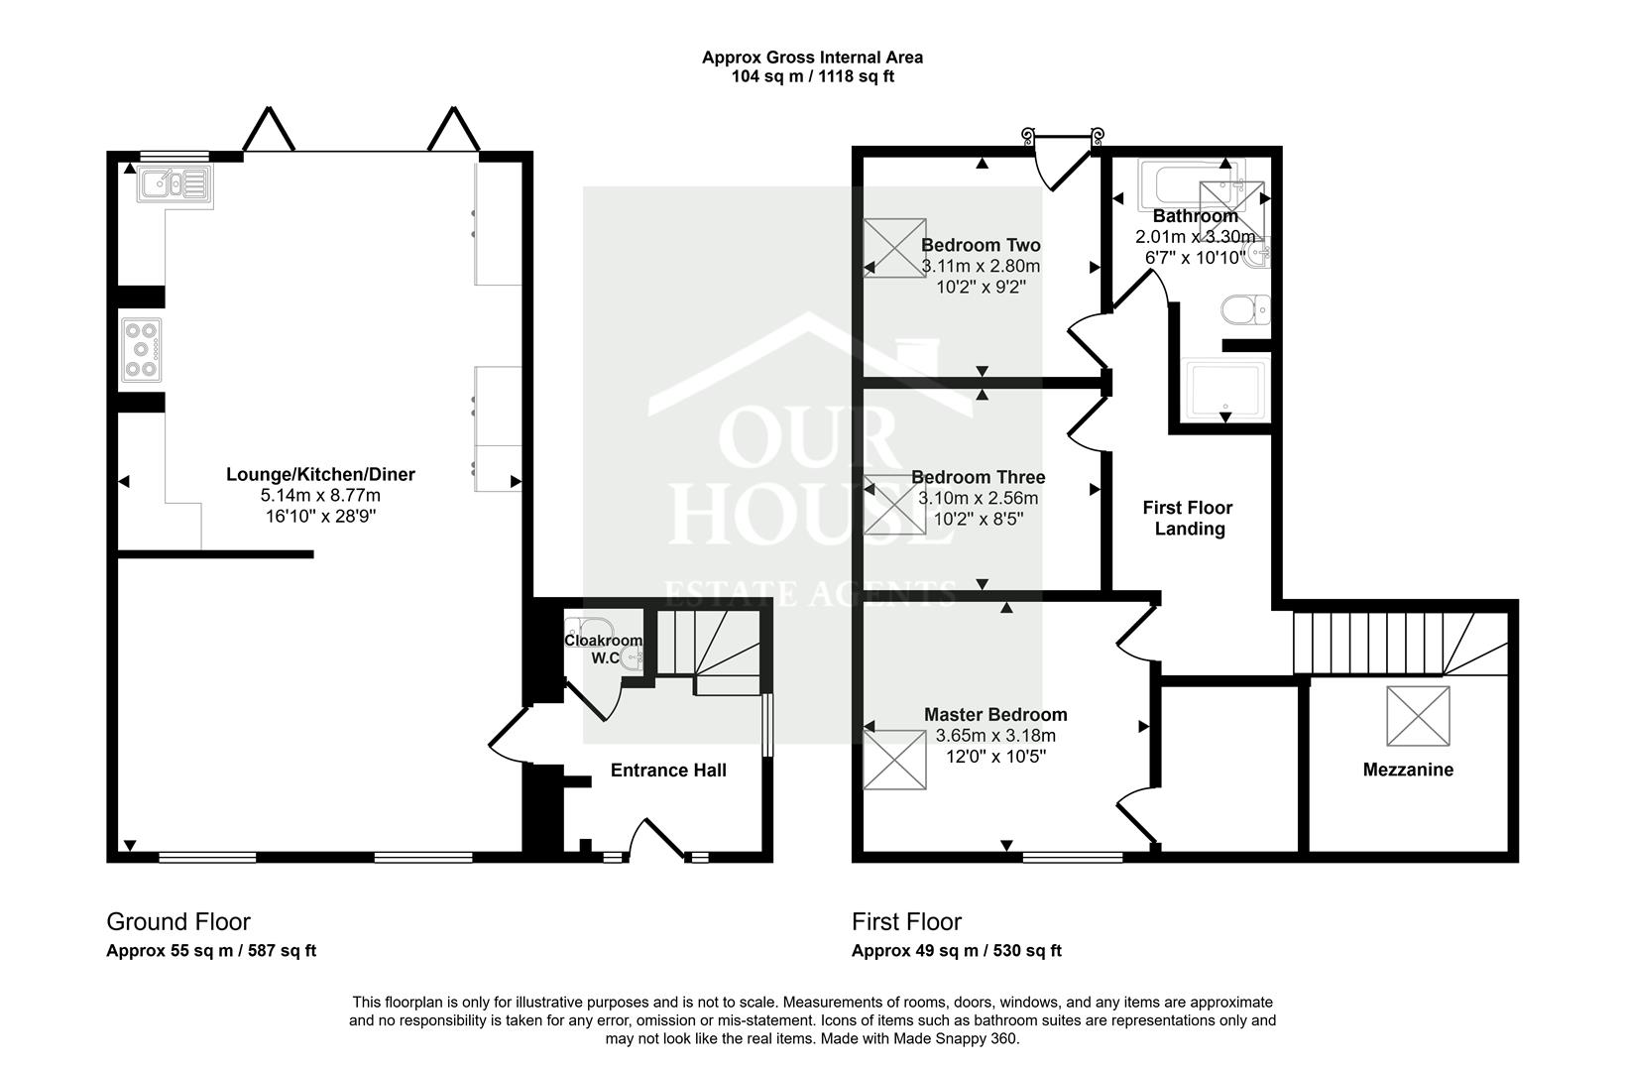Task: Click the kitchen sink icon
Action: (x=174, y=183)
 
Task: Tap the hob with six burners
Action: (x=141, y=349)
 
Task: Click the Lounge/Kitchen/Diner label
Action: (x=320, y=474)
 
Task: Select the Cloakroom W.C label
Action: (x=603, y=649)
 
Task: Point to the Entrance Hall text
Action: (x=668, y=771)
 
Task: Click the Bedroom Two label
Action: (x=981, y=245)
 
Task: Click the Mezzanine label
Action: (x=1408, y=770)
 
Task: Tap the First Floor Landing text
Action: (x=1188, y=518)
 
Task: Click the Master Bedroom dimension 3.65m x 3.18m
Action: (x=995, y=736)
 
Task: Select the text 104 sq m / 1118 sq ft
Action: (x=812, y=76)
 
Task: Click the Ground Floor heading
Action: (x=178, y=922)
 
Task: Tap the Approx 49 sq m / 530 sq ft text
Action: (x=956, y=951)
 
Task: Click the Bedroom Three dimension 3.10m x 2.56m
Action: (x=978, y=498)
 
